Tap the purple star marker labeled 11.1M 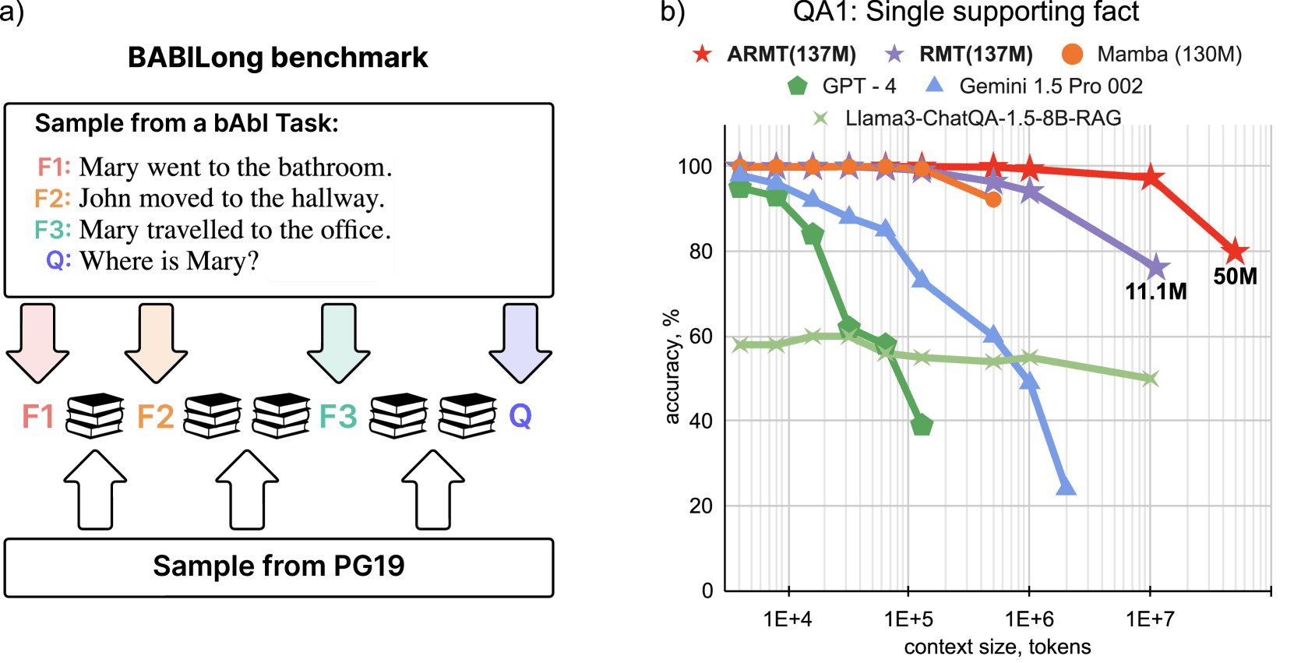click(x=1156, y=267)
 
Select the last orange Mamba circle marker click(x=993, y=199)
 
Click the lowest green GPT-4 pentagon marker click(x=922, y=425)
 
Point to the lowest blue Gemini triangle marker click(x=1066, y=487)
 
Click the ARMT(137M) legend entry click(x=774, y=55)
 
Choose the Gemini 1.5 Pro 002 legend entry click(x=1033, y=86)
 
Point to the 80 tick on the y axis click(x=702, y=251)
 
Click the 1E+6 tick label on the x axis click(x=1029, y=619)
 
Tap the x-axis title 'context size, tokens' click(x=998, y=647)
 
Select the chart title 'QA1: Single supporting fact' click(x=966, y=12)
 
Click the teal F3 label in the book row click(x=338, y=416)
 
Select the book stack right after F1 click(x=95, y=415)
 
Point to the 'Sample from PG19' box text click(x=279, y=566)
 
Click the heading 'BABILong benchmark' click(x=278, y=58)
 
